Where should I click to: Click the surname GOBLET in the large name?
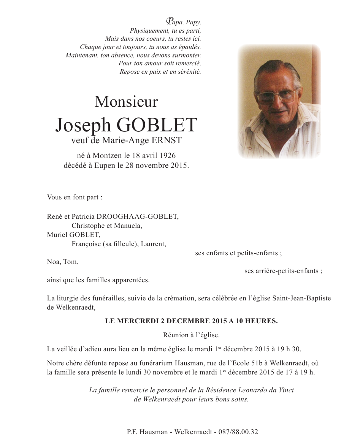point(157,125)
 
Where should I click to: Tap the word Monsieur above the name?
point(126,102)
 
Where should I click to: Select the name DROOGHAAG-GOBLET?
point(138,216)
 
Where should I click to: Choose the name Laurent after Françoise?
point(153,244)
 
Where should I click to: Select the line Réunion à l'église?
point(191,335)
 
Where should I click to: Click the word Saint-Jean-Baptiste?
point(302,298)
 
